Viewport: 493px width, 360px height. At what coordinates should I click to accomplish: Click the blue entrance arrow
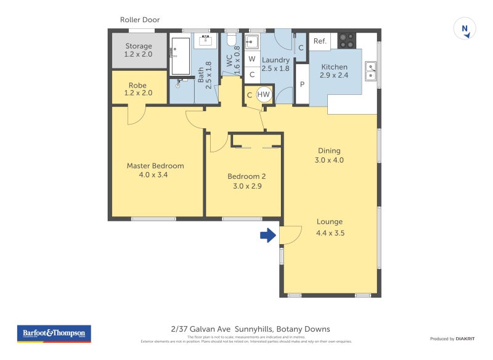tap(267, 235)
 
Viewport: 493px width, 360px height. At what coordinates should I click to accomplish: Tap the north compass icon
tap(465, 28)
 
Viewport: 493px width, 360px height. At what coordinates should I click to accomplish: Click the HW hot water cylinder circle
tap(264, 94)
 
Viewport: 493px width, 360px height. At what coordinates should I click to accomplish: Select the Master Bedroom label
tap(155, 165)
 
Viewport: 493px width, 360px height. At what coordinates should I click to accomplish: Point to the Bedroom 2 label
tap(246, 176)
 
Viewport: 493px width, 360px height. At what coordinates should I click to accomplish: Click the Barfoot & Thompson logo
tap(54, 333)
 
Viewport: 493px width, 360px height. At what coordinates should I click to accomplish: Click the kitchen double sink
tap(370, 72)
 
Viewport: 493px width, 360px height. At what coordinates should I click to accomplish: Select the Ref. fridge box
tap(320, 41)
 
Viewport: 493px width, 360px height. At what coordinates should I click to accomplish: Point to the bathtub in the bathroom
tap(181, 56)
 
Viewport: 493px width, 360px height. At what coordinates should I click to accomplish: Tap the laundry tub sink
tap(251, 43)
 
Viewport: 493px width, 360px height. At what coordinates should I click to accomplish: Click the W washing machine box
tap(252, 60)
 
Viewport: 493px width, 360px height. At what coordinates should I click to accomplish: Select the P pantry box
tap(302, 85)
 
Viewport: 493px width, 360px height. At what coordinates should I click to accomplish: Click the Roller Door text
tap(140, 20)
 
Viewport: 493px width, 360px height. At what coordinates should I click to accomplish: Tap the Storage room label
tap(139, 46)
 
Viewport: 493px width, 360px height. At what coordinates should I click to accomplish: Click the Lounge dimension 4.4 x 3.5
tap(330, 233)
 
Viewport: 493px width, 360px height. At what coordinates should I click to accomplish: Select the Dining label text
tap(329, 150)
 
